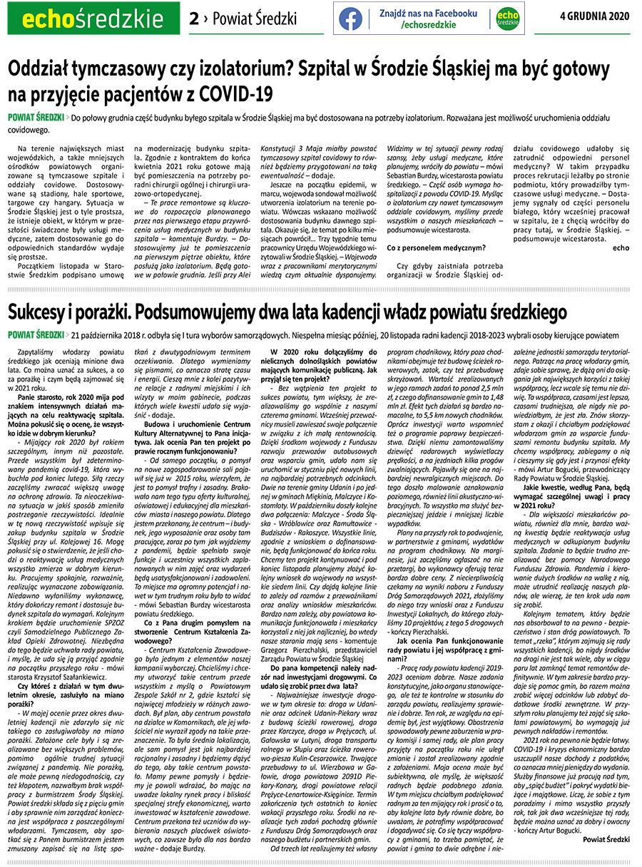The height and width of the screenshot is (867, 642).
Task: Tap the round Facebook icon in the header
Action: click(350, 19)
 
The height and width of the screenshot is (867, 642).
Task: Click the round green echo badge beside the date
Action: click(507, 19)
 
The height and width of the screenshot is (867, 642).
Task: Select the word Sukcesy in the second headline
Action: click(42, 312)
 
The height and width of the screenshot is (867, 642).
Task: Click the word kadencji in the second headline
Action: click(402, 312)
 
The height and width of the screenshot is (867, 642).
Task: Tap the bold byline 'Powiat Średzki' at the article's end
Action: click(606, 840)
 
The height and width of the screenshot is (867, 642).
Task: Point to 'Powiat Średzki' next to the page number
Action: click(246, 19)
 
